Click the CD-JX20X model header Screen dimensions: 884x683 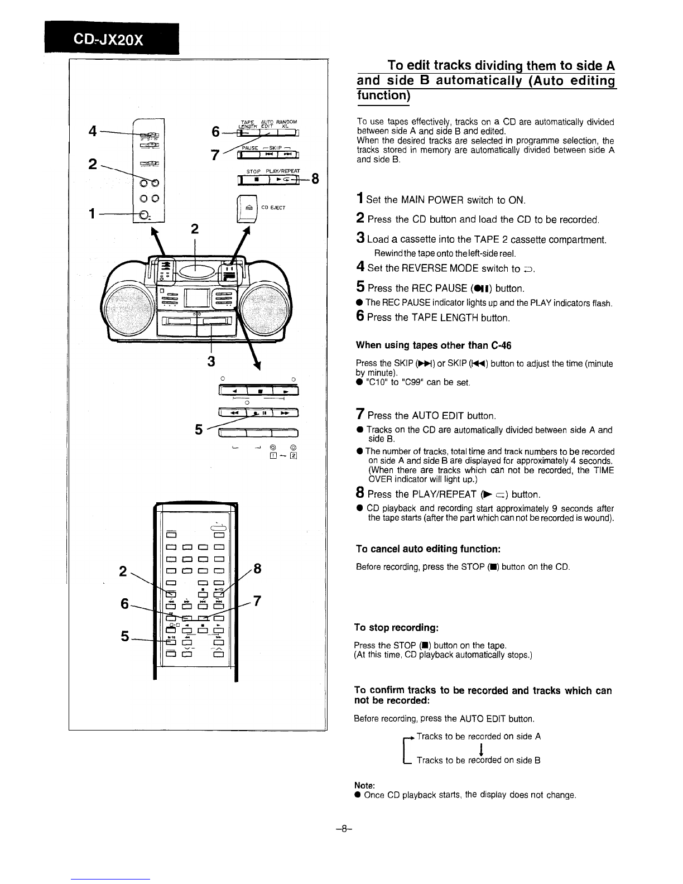point(108,40)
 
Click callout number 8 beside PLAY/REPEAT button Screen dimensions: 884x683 point(315,179)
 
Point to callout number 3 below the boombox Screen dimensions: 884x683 point(210,361)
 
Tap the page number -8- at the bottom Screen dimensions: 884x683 point(341,829)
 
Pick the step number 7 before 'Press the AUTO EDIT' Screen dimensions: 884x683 point(360,415)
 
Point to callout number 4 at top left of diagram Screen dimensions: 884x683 point(93,131)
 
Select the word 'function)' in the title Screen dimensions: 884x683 point(383,95)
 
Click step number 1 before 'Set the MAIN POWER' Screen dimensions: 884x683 point(360,199)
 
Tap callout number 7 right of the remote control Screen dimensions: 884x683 point(257,602)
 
